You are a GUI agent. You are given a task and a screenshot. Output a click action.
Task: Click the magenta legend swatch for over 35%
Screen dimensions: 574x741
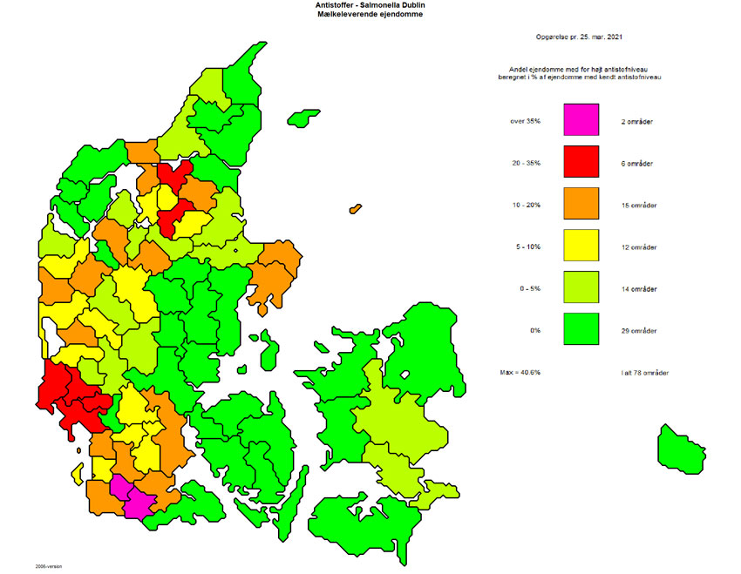(581, 119)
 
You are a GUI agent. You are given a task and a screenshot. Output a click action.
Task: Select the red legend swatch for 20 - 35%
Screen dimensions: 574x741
(581, 161)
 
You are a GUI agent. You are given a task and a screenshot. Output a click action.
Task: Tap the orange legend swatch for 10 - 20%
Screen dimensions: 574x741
(581, 204)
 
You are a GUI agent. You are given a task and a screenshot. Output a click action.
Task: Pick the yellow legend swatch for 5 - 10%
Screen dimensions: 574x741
(581, 246)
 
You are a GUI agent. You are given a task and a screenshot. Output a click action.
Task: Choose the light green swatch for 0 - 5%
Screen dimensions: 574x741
(581, 287)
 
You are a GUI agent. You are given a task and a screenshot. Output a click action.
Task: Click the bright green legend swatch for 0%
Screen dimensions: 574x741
(581, 329)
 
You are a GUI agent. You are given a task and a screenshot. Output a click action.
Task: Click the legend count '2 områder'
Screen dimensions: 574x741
(637, 121)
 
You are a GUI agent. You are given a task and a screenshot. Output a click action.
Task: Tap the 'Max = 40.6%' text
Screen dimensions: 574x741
(520, 373)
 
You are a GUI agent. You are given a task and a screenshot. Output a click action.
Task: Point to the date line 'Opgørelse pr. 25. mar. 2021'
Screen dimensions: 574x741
(579, 37)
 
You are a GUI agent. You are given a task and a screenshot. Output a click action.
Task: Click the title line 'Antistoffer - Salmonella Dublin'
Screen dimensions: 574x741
(370, 5)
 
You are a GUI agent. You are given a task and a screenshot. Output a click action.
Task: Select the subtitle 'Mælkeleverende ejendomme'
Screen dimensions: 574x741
(370, 15)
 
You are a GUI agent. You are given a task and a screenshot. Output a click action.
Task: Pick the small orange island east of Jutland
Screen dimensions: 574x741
(354, 209)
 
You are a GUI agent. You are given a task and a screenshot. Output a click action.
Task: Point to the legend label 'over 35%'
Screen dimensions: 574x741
(526, 121)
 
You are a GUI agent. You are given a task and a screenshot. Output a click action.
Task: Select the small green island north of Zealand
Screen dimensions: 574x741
(304, 118)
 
